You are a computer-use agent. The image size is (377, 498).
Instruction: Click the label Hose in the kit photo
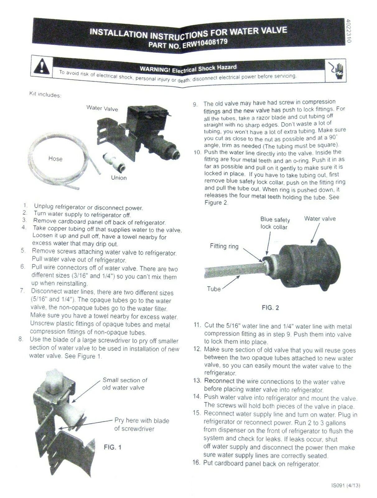tap(55, 159)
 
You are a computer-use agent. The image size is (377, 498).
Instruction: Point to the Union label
tap(119, 178)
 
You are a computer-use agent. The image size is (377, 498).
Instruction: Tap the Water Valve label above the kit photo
tap(102, 109)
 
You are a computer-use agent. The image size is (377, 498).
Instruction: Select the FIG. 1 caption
tap(112, 447)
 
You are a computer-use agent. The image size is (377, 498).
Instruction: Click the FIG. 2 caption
tap(270, 308)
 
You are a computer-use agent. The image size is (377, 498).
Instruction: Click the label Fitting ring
tap(224, 246)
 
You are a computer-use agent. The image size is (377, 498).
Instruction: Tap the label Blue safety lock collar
tap(275, 223)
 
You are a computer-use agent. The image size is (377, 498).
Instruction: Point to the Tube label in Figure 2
tap(214, 289)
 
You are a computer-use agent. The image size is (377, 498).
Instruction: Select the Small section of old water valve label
tap(124, 384)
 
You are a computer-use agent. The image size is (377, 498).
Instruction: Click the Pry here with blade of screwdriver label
tap(142, 425)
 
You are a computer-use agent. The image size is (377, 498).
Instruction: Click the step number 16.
tap(196, 463)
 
